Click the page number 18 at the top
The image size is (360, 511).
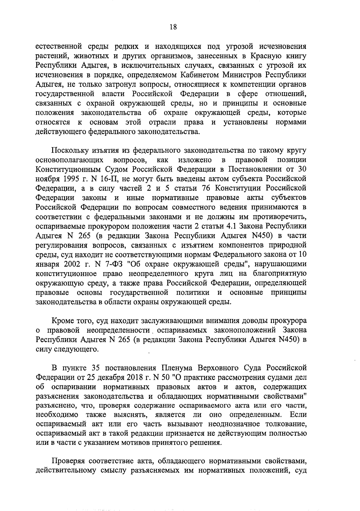click(173, 27)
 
